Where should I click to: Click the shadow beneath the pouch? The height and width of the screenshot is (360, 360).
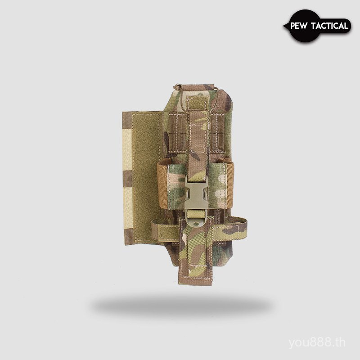tap(180, 306)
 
